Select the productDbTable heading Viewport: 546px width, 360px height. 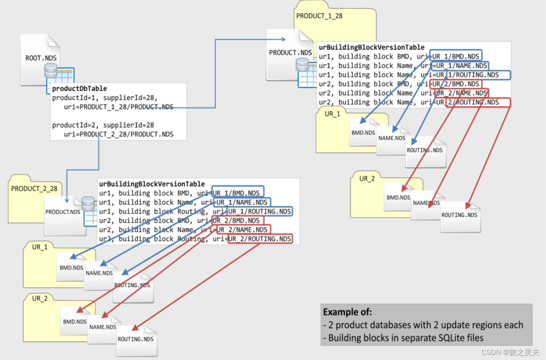pos(79,89)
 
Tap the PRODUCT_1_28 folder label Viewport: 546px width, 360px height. pos(319,16)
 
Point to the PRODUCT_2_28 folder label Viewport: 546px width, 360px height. pos(34,189)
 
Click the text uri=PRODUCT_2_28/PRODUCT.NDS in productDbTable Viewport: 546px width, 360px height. pos(118,134)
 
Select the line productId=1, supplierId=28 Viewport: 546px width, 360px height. pos(105,98)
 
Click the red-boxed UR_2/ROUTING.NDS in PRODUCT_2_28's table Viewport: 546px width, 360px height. pos(260,239)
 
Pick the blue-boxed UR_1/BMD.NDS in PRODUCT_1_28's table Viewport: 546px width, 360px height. pos(456,56)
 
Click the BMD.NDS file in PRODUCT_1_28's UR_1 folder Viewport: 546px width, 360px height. pos(363,133)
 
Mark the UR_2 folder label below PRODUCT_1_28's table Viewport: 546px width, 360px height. pos(367,179)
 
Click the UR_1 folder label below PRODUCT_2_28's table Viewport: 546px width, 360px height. pos(40,247)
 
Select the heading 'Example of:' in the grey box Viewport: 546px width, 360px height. pos(347,312)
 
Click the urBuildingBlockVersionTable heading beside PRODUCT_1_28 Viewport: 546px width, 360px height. pos(372,47)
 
